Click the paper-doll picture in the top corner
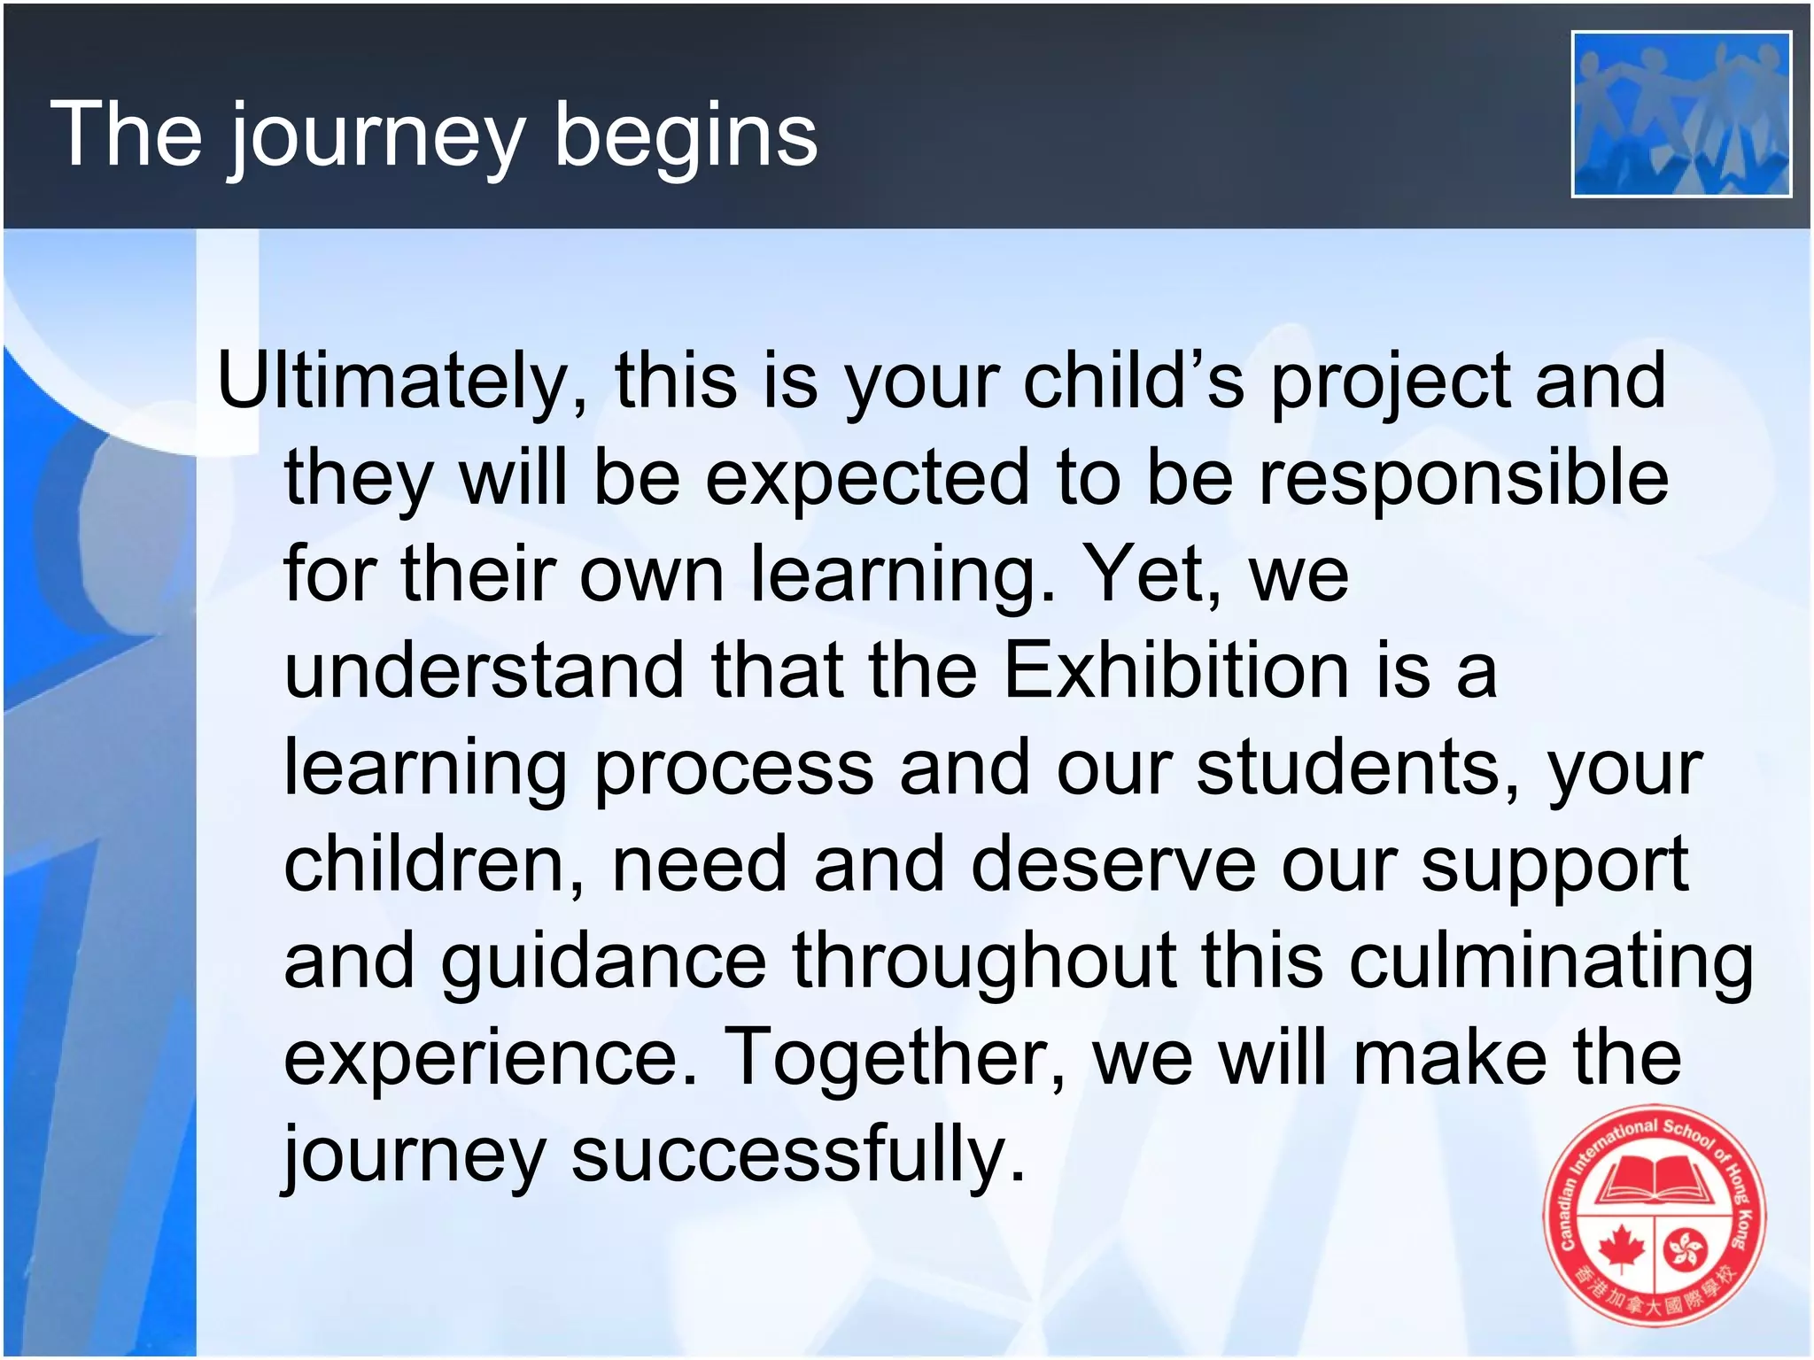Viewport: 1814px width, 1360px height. coord(1681,114)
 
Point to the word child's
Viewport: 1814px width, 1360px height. coord(1134,381)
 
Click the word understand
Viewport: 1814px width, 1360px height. coord(484,670)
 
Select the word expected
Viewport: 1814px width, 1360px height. coord(868,478)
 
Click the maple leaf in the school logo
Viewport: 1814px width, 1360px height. coord(1621,1249)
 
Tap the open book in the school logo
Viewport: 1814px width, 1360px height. coord(1654,1179)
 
